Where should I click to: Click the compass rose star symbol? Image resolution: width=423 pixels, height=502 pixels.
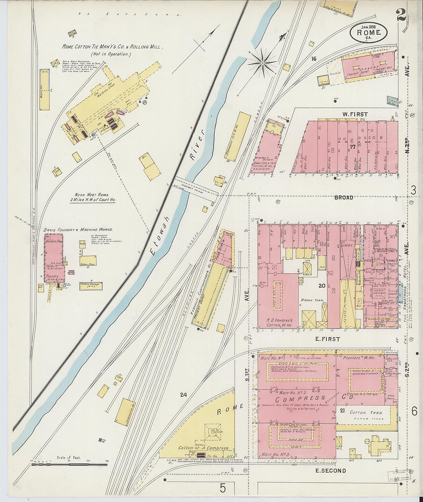(x=262, y=62)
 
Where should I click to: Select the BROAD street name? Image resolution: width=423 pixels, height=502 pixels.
(x=343, y=198)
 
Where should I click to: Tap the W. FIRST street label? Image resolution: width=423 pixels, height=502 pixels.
(x=355, y=114)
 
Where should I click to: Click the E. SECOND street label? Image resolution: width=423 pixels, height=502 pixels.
(x=330, y=470)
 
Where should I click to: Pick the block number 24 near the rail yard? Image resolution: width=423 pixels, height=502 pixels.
(x=184, y=395)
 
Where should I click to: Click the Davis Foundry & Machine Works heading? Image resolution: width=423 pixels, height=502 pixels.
(x=78, y=230)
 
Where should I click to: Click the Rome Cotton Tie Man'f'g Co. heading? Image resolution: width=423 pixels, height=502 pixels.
(x=112, y=47)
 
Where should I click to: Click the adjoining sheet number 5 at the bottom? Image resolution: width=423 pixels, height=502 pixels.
(x=223, y=488)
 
